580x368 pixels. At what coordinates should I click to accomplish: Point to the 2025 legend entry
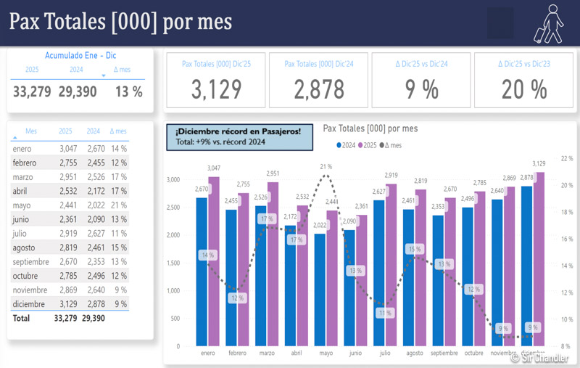[x=367, y=145]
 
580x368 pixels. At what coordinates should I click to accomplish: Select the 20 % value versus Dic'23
[x=523, y=89]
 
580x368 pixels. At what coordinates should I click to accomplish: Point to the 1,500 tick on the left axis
[x=173, y=263]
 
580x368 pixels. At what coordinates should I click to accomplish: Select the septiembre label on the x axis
[x=444, y=353]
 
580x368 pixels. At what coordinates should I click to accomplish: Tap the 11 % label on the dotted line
[x=384, y=314]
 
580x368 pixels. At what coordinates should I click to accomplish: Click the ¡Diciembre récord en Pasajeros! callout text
[x=233, y=131]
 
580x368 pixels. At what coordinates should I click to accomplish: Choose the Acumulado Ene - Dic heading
[x=80, y=55]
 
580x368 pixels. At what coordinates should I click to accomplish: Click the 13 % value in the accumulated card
[x=128, y=91]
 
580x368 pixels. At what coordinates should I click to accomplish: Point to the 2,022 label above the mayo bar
[x=320, y=225]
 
